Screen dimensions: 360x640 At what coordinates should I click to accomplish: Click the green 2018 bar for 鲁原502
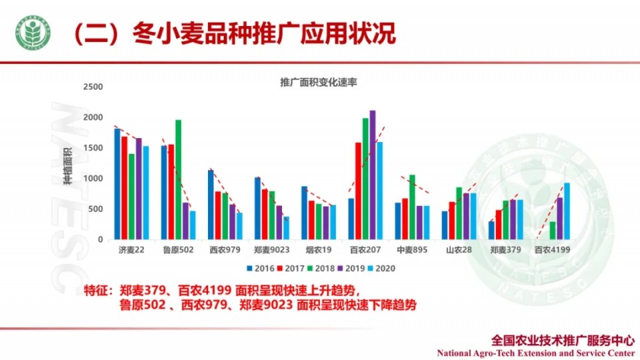[x=178, y=180]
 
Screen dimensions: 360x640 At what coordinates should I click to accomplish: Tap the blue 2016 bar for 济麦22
[x=117, y=184]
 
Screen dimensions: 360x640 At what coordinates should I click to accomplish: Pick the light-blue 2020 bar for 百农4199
[x=567, y=211]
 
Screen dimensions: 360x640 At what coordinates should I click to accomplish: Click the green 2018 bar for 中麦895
[x=412, y=207]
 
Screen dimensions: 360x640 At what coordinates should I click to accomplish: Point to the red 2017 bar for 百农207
[x=358, y=191]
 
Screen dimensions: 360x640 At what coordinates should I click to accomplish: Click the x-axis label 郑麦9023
[x=271, y=250]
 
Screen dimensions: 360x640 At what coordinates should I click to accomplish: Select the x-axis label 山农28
[x=459, y=250]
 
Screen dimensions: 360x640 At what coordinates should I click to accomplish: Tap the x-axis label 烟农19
[x=318, y=250]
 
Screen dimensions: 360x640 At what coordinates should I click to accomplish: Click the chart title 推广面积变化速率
[x=319, y=83]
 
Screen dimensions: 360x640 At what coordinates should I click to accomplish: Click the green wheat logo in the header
[x=33, y=33]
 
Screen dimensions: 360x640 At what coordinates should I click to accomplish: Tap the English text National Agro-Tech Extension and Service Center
[x=535, y=353]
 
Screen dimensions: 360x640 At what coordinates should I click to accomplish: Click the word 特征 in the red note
[x=97, y=291]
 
